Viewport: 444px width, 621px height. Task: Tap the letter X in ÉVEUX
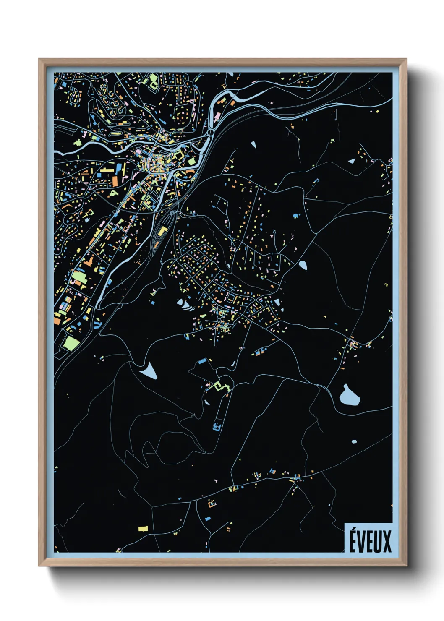(x=387, y=541)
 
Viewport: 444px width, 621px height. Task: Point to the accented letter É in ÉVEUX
(x=354, y=540)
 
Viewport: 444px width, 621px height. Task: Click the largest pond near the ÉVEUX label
(x=348, y=396)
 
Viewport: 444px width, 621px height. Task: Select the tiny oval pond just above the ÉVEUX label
(x=354, y=441)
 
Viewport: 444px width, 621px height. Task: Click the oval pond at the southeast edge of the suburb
(x=303, y=265)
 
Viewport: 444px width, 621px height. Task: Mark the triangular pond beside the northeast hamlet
(x=352, y=161)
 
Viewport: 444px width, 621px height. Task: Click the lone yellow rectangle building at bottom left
(x=143, y=529)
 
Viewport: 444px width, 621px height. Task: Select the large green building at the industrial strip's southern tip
(x=71, y=343)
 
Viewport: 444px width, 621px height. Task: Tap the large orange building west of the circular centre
(x=115, y=181)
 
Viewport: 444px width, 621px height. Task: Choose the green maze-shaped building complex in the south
(x=219, y=385)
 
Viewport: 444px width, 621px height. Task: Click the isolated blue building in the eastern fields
(x=296, y=215)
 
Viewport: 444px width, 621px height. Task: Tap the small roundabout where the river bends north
(x=209, y=133)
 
